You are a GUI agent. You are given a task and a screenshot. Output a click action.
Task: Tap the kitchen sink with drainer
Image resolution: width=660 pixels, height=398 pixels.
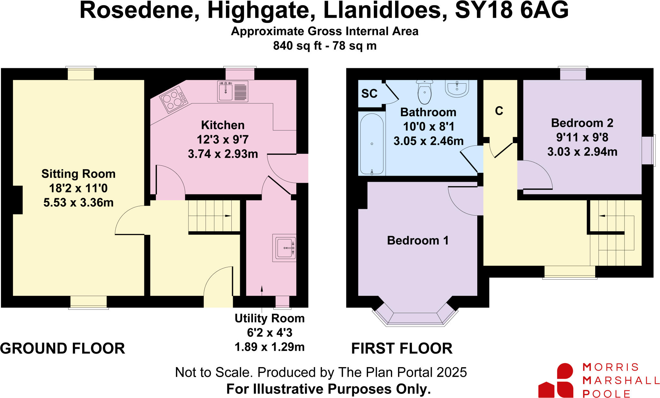tap(232, 91)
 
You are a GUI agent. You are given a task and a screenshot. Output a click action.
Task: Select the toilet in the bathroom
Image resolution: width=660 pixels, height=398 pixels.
tap(424, 92)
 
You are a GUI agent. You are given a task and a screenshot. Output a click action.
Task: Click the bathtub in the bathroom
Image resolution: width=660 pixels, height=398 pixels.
tap(372, 144)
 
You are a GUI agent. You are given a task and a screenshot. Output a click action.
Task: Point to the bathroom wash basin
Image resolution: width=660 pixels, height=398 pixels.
tap(457, 88)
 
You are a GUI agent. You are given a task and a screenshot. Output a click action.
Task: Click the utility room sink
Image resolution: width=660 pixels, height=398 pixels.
tap(284, 248)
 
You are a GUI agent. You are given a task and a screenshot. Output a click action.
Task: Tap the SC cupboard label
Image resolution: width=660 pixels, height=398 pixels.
tap(369, 94)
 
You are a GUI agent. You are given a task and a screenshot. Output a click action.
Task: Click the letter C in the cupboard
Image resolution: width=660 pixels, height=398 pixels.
tap(499, 111)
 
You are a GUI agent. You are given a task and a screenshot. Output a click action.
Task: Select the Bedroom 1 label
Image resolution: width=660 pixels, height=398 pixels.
tap(418, 240)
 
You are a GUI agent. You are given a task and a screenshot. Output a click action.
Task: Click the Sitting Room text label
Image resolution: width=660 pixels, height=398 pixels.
tap(78, 174)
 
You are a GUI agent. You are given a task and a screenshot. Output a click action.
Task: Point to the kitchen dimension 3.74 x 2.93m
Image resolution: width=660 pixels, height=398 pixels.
tap(223, 154)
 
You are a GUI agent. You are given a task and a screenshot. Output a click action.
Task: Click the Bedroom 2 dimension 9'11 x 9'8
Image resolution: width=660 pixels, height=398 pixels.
tap(582, 137)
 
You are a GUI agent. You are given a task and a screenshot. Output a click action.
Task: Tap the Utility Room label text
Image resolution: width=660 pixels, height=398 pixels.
tap(269, 318)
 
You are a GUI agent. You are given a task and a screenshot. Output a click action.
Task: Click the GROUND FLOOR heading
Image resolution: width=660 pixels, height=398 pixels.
tap(63, 348)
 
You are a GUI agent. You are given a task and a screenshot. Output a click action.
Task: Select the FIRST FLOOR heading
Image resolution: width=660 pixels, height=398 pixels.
tap(402, 348)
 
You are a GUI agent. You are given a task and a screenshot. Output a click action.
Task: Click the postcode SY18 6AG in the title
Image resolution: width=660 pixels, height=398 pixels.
tap(511, 10)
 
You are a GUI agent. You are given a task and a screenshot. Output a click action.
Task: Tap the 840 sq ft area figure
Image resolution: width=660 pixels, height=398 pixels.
tap(297, 46)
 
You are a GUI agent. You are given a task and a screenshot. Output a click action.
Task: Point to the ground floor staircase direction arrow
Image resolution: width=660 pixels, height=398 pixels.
tap(228, 216)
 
